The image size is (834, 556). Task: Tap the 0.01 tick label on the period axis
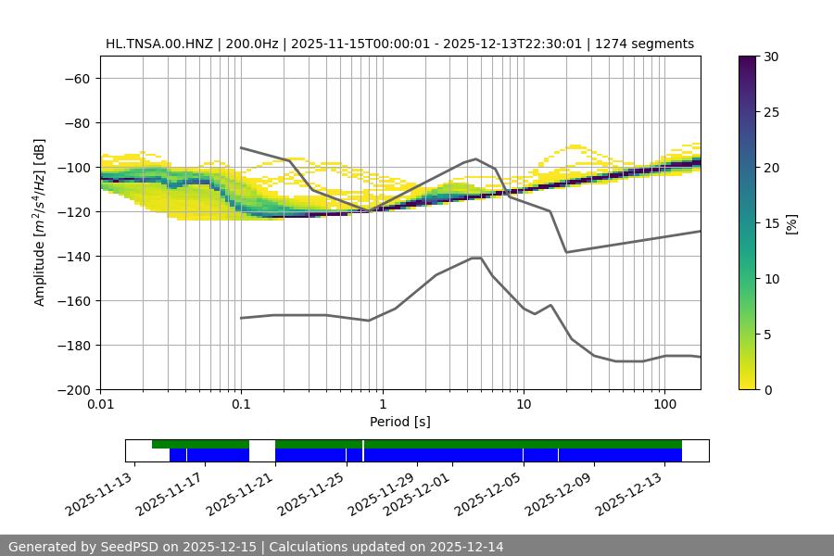coord(100,405)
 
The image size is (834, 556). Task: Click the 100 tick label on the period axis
coord(664,405)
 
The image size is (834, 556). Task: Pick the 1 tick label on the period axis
coord(382,405)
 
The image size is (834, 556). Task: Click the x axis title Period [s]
coord(399,422)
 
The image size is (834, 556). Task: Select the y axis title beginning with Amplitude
coord(39,223)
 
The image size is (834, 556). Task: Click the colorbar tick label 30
coord(771,57)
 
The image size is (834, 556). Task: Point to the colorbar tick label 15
coord(771,223)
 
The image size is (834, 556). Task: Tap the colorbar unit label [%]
coord(791,223)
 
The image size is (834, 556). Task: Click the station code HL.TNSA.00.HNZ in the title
coord(159,44)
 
